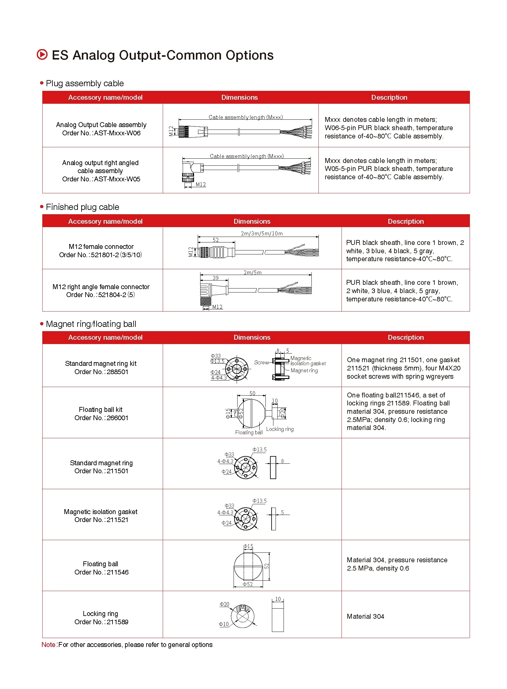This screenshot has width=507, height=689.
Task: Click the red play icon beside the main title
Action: coord(42,54)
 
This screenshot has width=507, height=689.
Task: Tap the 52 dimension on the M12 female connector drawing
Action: coord(215,240)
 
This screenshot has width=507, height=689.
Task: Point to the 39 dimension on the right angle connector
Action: coord(215,278)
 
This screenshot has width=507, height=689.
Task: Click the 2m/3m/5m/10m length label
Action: coord(261,234)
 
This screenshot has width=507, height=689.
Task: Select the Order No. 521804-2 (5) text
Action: coord(100,295)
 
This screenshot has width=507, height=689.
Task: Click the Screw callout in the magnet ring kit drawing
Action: coord(261,362)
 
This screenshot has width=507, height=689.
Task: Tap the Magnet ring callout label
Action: coord(304,371)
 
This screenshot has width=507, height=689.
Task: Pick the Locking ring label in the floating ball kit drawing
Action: coord(280,429)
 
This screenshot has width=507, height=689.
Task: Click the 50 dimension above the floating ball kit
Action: coord(252,393)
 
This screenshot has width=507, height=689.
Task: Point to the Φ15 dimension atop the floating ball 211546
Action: coord(248,546)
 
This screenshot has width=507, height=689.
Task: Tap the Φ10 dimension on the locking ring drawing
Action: coord(224,624)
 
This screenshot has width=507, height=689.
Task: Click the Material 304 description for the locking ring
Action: coord(365,616)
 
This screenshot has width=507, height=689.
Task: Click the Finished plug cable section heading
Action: coord(82,207)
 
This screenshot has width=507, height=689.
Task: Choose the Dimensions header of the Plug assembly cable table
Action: coord(239,97)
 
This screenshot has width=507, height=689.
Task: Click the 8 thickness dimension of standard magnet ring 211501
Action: coord(282,461)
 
